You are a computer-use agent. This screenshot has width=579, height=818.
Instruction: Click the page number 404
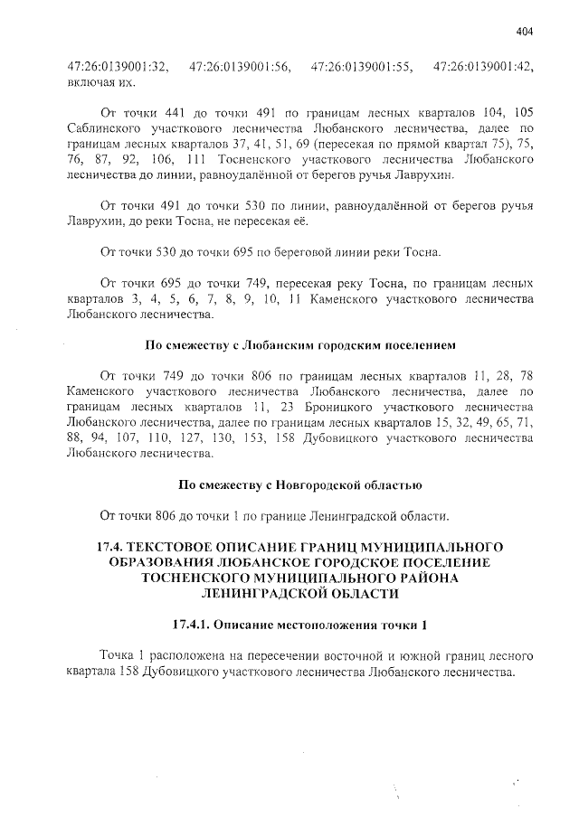(525, 32)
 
